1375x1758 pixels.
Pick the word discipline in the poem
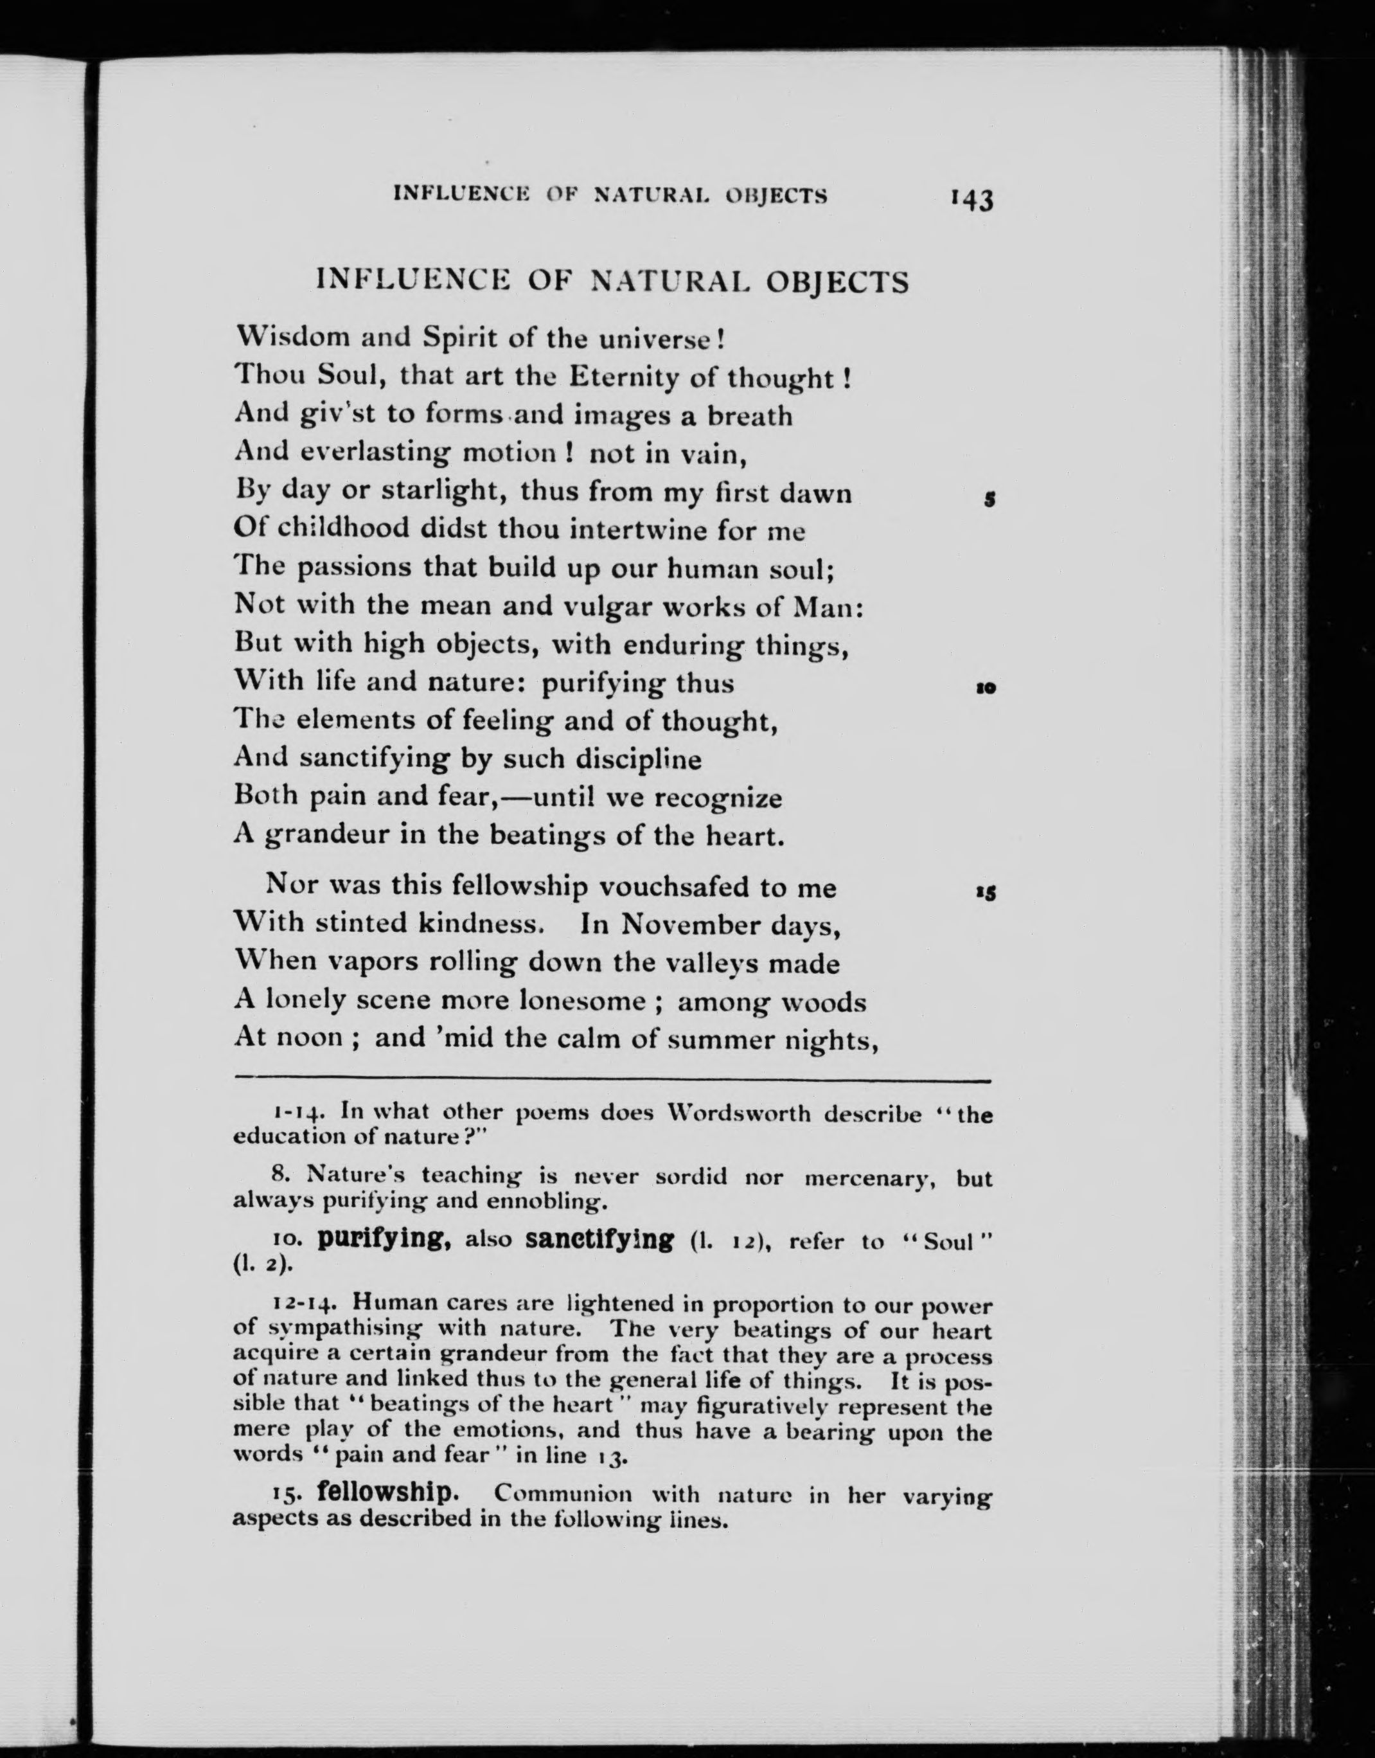pyautogui.click(x=633, y=759)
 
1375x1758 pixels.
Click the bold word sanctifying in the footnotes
pyautogui.click(x=599, y=1238)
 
